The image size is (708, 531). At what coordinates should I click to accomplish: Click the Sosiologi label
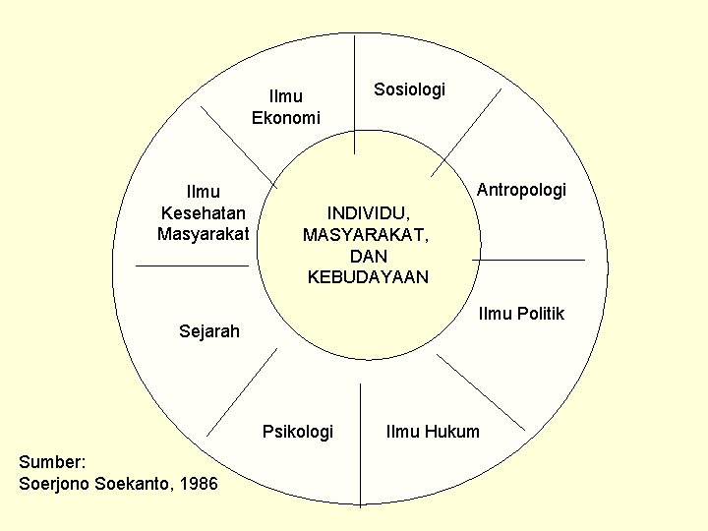[409, 89]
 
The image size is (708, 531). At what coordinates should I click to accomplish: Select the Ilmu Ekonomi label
[286, 107]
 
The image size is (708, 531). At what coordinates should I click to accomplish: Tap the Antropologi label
[521, 189]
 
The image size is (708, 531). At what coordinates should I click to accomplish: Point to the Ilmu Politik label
[521, 314]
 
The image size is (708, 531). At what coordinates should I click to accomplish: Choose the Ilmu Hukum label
[434, 431]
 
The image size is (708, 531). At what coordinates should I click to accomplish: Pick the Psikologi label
[298, 431]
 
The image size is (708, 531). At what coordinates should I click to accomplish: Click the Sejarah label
[209, 330]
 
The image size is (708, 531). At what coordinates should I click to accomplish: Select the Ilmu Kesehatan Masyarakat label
[204, 211]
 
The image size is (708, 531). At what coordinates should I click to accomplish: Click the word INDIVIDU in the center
[369, 212]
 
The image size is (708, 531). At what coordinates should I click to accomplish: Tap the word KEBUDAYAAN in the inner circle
[369, 277]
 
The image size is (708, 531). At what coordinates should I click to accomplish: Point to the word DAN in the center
[369, 256]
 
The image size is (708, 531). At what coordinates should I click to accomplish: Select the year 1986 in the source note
[199, 483]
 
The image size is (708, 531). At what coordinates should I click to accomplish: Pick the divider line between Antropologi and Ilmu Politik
[534, 260]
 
